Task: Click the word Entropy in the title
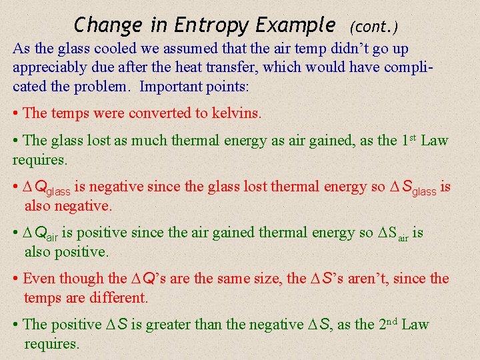[211, 25]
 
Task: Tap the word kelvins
[237, 113]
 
